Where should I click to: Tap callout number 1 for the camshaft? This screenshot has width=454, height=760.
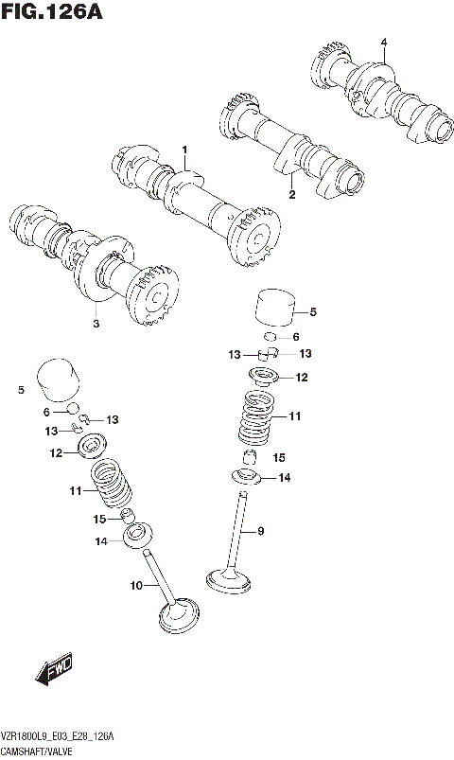(185, 150)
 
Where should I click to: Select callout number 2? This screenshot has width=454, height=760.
(291, 195)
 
